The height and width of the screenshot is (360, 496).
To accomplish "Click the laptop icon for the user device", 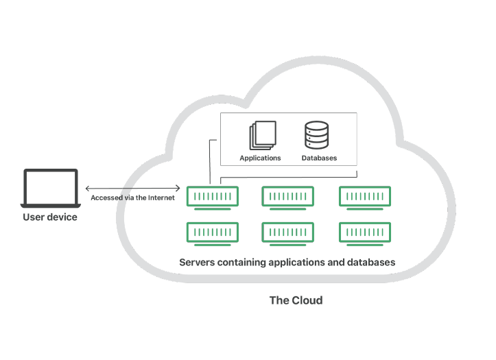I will (x=50, y=189).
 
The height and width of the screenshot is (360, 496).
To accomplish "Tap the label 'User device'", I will (x=50, y=217).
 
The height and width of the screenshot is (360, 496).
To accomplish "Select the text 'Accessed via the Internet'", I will (x=132, y=197).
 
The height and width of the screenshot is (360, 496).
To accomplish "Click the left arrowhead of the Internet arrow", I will (x=88, y=187).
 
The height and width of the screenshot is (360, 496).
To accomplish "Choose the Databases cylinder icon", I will (x=316, y=135).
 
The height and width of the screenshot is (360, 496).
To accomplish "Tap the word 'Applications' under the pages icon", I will (x=260, y=158).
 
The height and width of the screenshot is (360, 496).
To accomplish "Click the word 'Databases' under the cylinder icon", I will (x=319, y=158).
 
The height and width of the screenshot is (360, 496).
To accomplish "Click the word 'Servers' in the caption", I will (x=198, y=262).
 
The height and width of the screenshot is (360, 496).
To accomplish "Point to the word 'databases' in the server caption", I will (x=371, y=262).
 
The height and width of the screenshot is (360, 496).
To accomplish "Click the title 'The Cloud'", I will (x=296, y=300).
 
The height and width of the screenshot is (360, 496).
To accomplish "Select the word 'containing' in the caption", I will (x=245, y=262).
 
